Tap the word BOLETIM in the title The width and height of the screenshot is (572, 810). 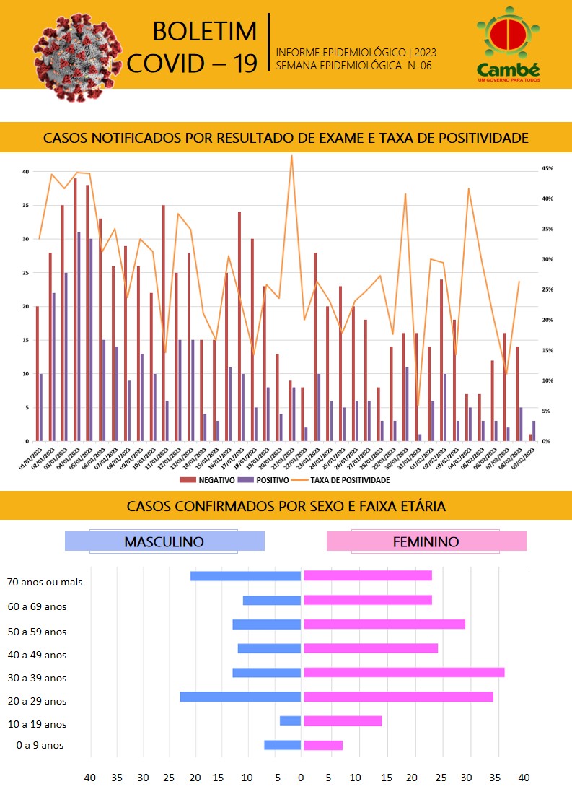point(205,32)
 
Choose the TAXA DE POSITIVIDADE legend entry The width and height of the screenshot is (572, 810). point(344,479)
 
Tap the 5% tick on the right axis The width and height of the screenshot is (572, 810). point(547,411)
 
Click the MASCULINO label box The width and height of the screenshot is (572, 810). point(164,541)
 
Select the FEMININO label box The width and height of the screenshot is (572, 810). point(426,541)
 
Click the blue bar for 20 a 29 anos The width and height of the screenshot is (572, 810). point(240,697)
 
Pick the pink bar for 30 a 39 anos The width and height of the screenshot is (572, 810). point(404,672)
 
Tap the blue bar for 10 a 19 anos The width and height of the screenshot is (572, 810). point(290,720)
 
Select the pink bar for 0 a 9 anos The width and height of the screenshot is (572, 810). point(323,745)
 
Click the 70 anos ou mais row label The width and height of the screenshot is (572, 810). point(45,582)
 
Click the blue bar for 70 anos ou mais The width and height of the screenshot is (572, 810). point(245,576)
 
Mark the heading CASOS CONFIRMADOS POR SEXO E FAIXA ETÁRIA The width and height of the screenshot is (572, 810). point(286,506)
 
